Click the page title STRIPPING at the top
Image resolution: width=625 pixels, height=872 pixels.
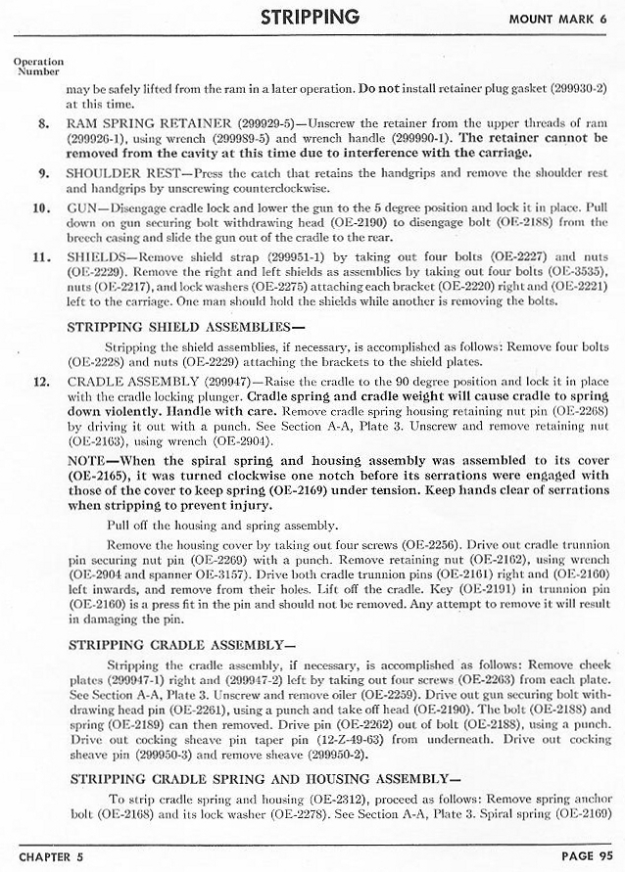coord(311,17)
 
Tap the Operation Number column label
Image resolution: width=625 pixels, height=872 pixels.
coord(38,67)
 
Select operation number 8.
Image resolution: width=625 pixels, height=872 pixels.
coord(43,124)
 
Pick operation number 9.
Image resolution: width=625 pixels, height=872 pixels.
coord(43,173)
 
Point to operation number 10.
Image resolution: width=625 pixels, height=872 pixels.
coord(40,208)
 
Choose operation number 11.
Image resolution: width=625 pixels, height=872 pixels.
coord(40,257)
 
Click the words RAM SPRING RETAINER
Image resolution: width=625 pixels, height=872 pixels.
coord(150,124)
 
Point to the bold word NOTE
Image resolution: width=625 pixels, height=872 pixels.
coord(88,459)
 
